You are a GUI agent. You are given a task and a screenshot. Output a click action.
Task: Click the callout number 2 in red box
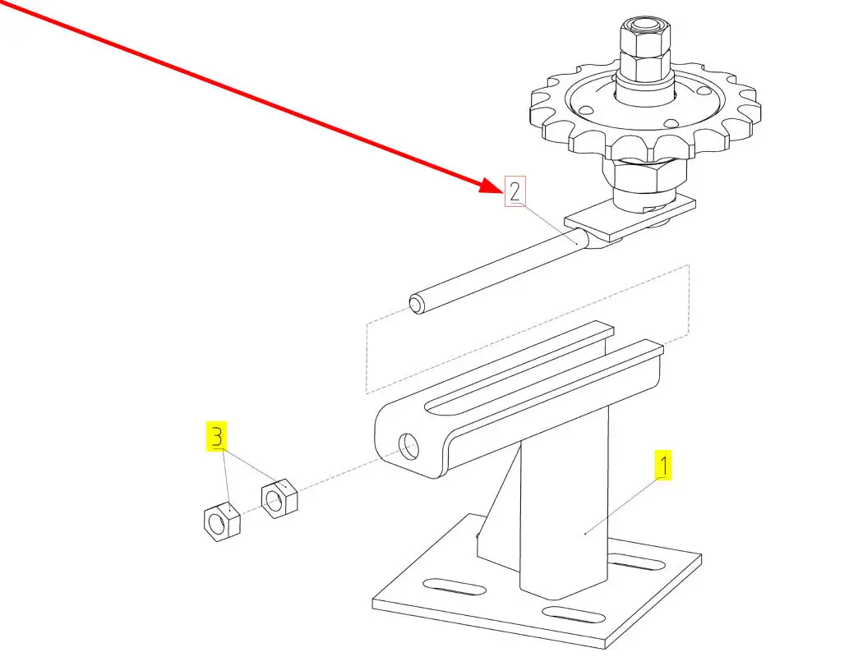point(515,191)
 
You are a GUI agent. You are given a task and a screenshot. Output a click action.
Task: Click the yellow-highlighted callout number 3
point(217,435)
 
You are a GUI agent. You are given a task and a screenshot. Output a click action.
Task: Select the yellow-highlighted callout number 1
point(663,465)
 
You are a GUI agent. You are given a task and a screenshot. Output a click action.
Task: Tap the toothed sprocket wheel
point(645,113)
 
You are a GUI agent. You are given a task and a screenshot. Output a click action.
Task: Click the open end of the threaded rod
point(416,304)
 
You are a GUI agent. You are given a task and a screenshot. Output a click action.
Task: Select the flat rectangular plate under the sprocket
point(630,218)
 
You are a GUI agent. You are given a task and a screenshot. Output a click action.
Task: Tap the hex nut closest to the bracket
point(279,498)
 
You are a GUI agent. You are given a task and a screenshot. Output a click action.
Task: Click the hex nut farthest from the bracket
point(222,521)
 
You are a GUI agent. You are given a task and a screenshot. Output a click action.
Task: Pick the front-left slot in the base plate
point(454,586)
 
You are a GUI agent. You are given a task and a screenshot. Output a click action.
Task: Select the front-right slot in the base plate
point(574,615)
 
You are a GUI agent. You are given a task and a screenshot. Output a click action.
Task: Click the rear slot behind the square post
point(637,563)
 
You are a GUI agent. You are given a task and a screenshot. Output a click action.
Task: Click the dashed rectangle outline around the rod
point(367,358)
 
